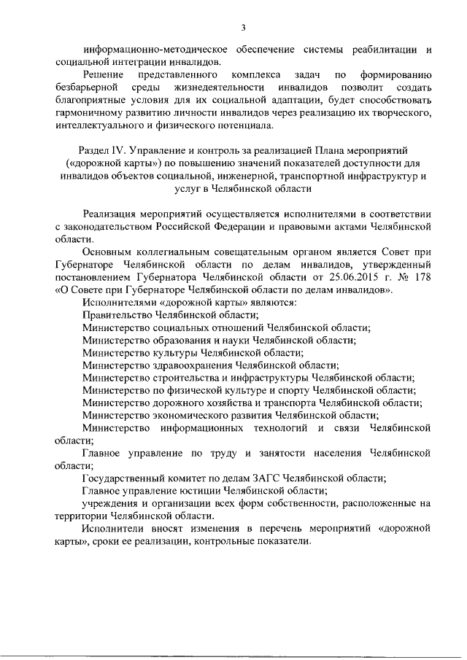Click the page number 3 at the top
[244, 28]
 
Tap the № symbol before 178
[399, 277]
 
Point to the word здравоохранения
[188, 365]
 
